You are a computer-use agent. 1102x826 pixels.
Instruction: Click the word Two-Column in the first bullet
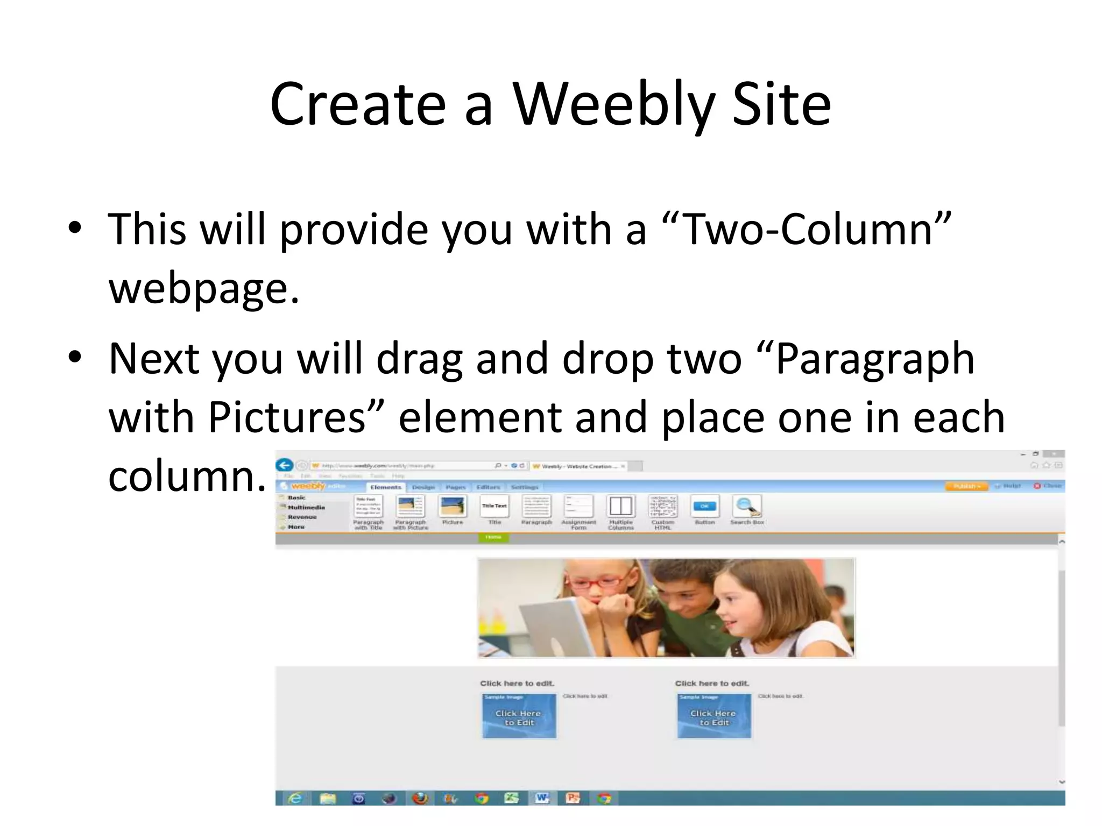tap(807, 229)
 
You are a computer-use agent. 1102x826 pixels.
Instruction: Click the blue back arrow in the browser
tap(285, 465)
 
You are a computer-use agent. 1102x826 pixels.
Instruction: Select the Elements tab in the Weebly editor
tap(385, 487)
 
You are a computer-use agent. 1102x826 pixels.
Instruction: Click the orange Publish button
tap(966, 486)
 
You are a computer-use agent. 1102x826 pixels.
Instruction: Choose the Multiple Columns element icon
tap(620, 507)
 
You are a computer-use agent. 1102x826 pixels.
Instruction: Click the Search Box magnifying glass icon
tap(747, 507)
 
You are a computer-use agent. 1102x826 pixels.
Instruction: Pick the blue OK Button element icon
tap(704, 507)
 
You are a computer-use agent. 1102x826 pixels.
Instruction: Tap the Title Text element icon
tap(494, 507)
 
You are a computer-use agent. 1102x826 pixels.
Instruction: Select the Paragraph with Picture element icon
tap(411, 507)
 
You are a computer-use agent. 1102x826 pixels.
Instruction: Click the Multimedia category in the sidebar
tap(306, 507)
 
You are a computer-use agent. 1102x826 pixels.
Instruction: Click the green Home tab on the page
tap(493, 537)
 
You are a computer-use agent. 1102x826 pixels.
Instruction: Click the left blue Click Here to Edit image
tap(519, 716)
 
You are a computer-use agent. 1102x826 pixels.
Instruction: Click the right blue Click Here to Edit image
tap(714, 716)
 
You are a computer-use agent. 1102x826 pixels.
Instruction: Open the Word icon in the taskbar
tap(542, 799)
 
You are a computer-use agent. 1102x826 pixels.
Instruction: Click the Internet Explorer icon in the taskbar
tap(295, 799)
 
